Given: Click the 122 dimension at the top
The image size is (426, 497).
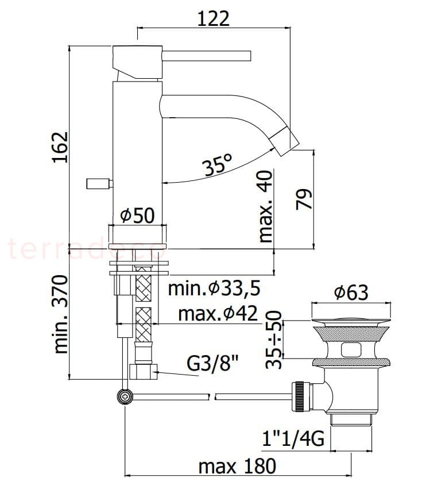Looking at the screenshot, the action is point(213,18).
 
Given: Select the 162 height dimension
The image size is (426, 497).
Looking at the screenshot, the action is point(60,147).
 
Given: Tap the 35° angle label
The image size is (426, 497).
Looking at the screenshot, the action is point(218,164).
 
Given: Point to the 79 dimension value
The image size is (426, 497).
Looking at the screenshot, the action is point(304,199).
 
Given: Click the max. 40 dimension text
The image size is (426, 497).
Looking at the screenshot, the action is point(266,207).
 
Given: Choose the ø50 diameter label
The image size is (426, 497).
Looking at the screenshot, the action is point(138,215).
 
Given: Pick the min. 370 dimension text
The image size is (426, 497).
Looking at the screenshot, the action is point(61,314).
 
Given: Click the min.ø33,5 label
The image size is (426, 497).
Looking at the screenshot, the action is point(214,289).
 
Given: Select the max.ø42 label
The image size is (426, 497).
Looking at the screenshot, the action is point(218,314).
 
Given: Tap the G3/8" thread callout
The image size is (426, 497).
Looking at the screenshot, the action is point(212,364).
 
